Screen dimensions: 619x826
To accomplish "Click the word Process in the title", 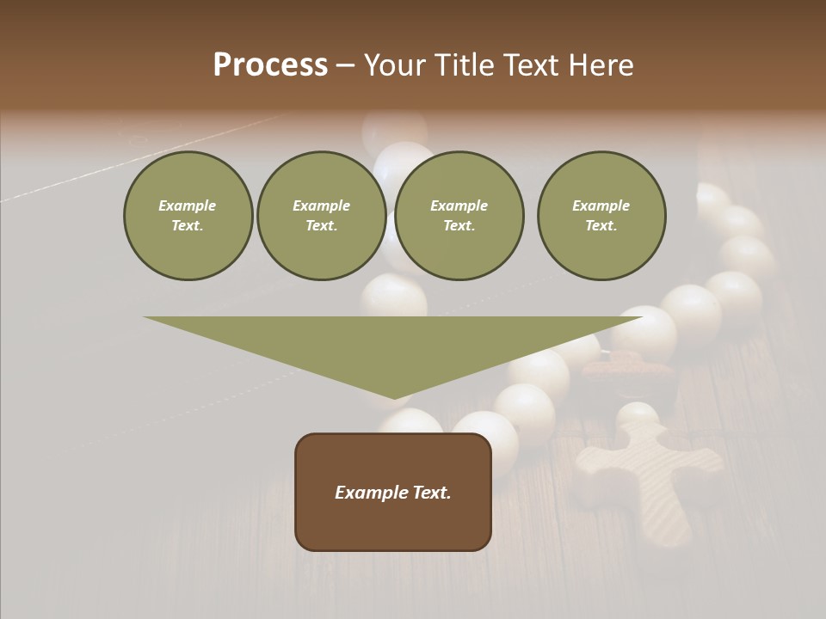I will pos(270,65).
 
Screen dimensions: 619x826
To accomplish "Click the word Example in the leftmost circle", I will pos(188,205).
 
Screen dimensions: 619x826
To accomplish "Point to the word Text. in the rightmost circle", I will pos(601,225).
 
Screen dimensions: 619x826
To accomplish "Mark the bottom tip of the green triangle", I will pos(394,397).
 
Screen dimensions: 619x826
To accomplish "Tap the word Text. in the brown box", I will pos(432,493).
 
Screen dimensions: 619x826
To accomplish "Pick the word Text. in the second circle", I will pos(322,225).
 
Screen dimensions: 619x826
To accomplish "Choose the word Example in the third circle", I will pos(459,205).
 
